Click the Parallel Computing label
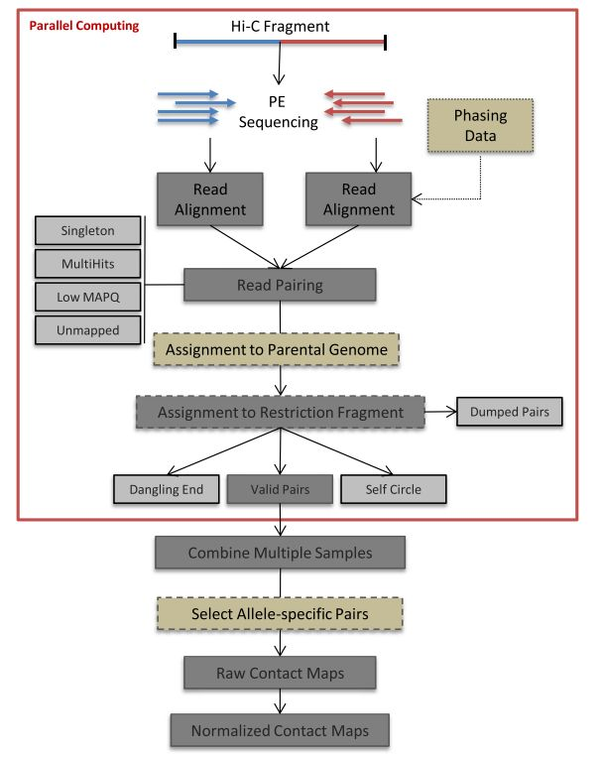tap(69, 25)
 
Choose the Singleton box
tap(86, 230)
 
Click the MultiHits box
tap(86, 263)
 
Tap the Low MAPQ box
tap(86, 296)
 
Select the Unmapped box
tap(86, 328)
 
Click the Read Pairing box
tap(280, 285)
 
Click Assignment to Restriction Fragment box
tap(281, 412)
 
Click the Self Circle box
tap(393, 488)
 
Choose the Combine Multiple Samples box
tap(280, 552)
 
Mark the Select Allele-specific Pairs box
tap(280, 614)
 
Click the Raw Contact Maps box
tap(280, 674)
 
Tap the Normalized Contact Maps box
tap(280, 731)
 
